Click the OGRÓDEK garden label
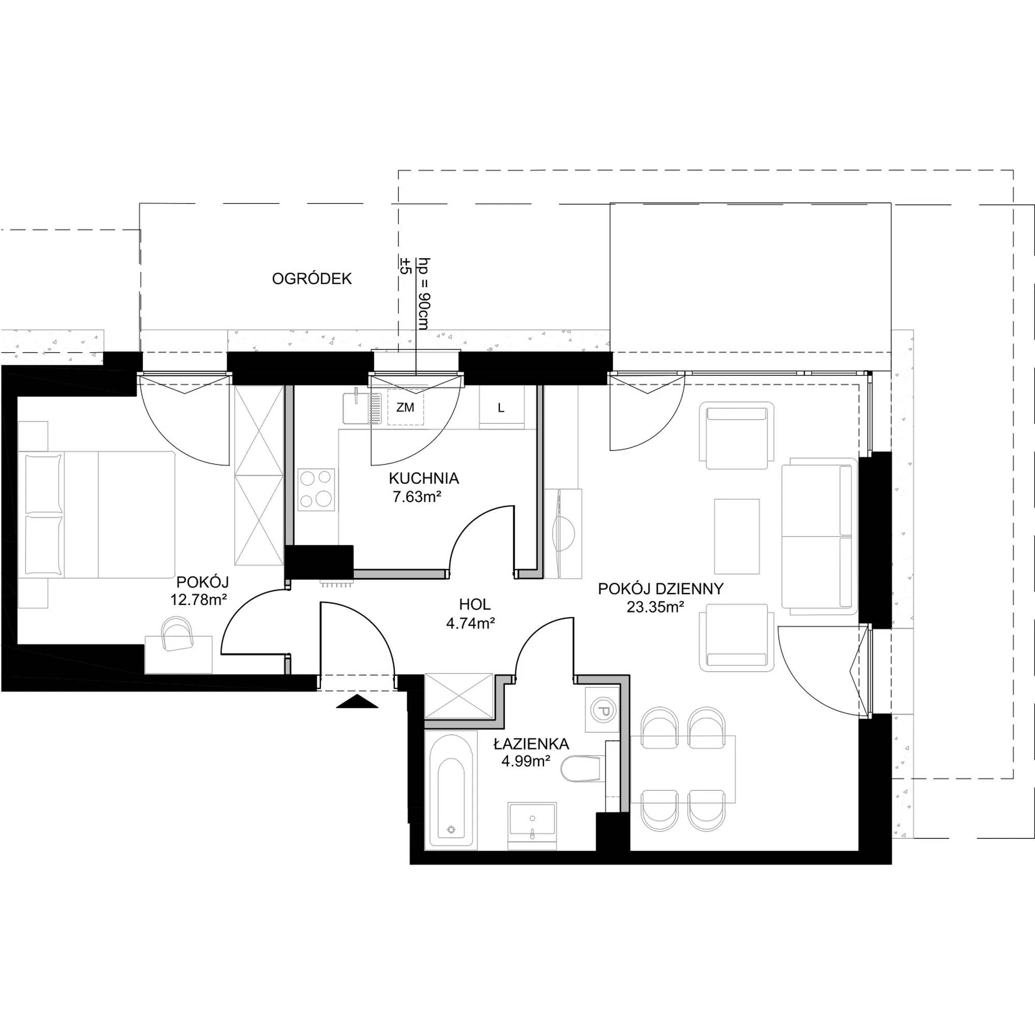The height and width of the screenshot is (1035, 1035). pos(312,278)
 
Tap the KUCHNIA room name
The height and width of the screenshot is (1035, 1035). pos(424,478)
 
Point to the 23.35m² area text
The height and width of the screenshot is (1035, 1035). pos(655,607)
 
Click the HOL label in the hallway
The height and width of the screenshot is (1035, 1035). pos(475,605)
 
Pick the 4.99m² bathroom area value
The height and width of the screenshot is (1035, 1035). pos(526,761)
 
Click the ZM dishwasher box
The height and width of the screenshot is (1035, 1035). pos(406,408)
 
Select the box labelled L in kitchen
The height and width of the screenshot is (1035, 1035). pos(501,408)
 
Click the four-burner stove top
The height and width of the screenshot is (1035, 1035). pos(317,488)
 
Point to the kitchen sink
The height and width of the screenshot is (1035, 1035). pos(362,407)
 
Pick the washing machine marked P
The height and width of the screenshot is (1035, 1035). pos(602,711)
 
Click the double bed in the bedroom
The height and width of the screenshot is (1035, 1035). pos(97,514)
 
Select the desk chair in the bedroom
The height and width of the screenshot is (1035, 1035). pos(177,634)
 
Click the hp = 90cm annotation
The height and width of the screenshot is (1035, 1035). pos(424,293)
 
